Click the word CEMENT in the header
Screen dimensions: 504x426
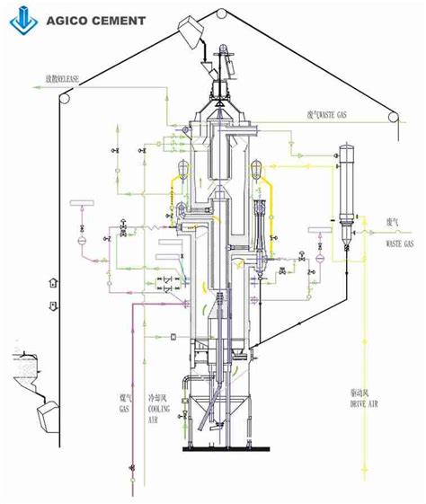tap(115, 20)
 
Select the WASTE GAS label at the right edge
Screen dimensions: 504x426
tap(399, 243)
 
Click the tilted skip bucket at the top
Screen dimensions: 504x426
tap(191, 36)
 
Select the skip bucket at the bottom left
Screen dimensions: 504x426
tap(47, 415)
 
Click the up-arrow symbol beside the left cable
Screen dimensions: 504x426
tap(53, 281)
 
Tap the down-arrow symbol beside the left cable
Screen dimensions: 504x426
tap(53, 306)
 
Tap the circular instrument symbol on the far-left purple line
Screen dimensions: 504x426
tap(81, 240)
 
